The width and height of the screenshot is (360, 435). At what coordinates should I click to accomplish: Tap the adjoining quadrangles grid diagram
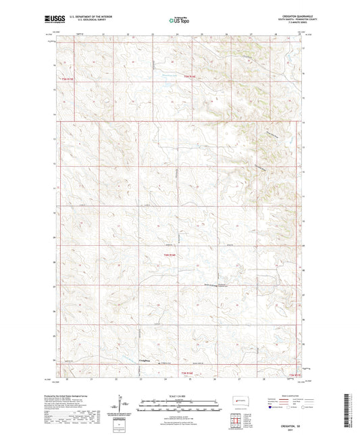[x=235, y=420]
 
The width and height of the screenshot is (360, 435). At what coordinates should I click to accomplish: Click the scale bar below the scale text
[x=178, y=407]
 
